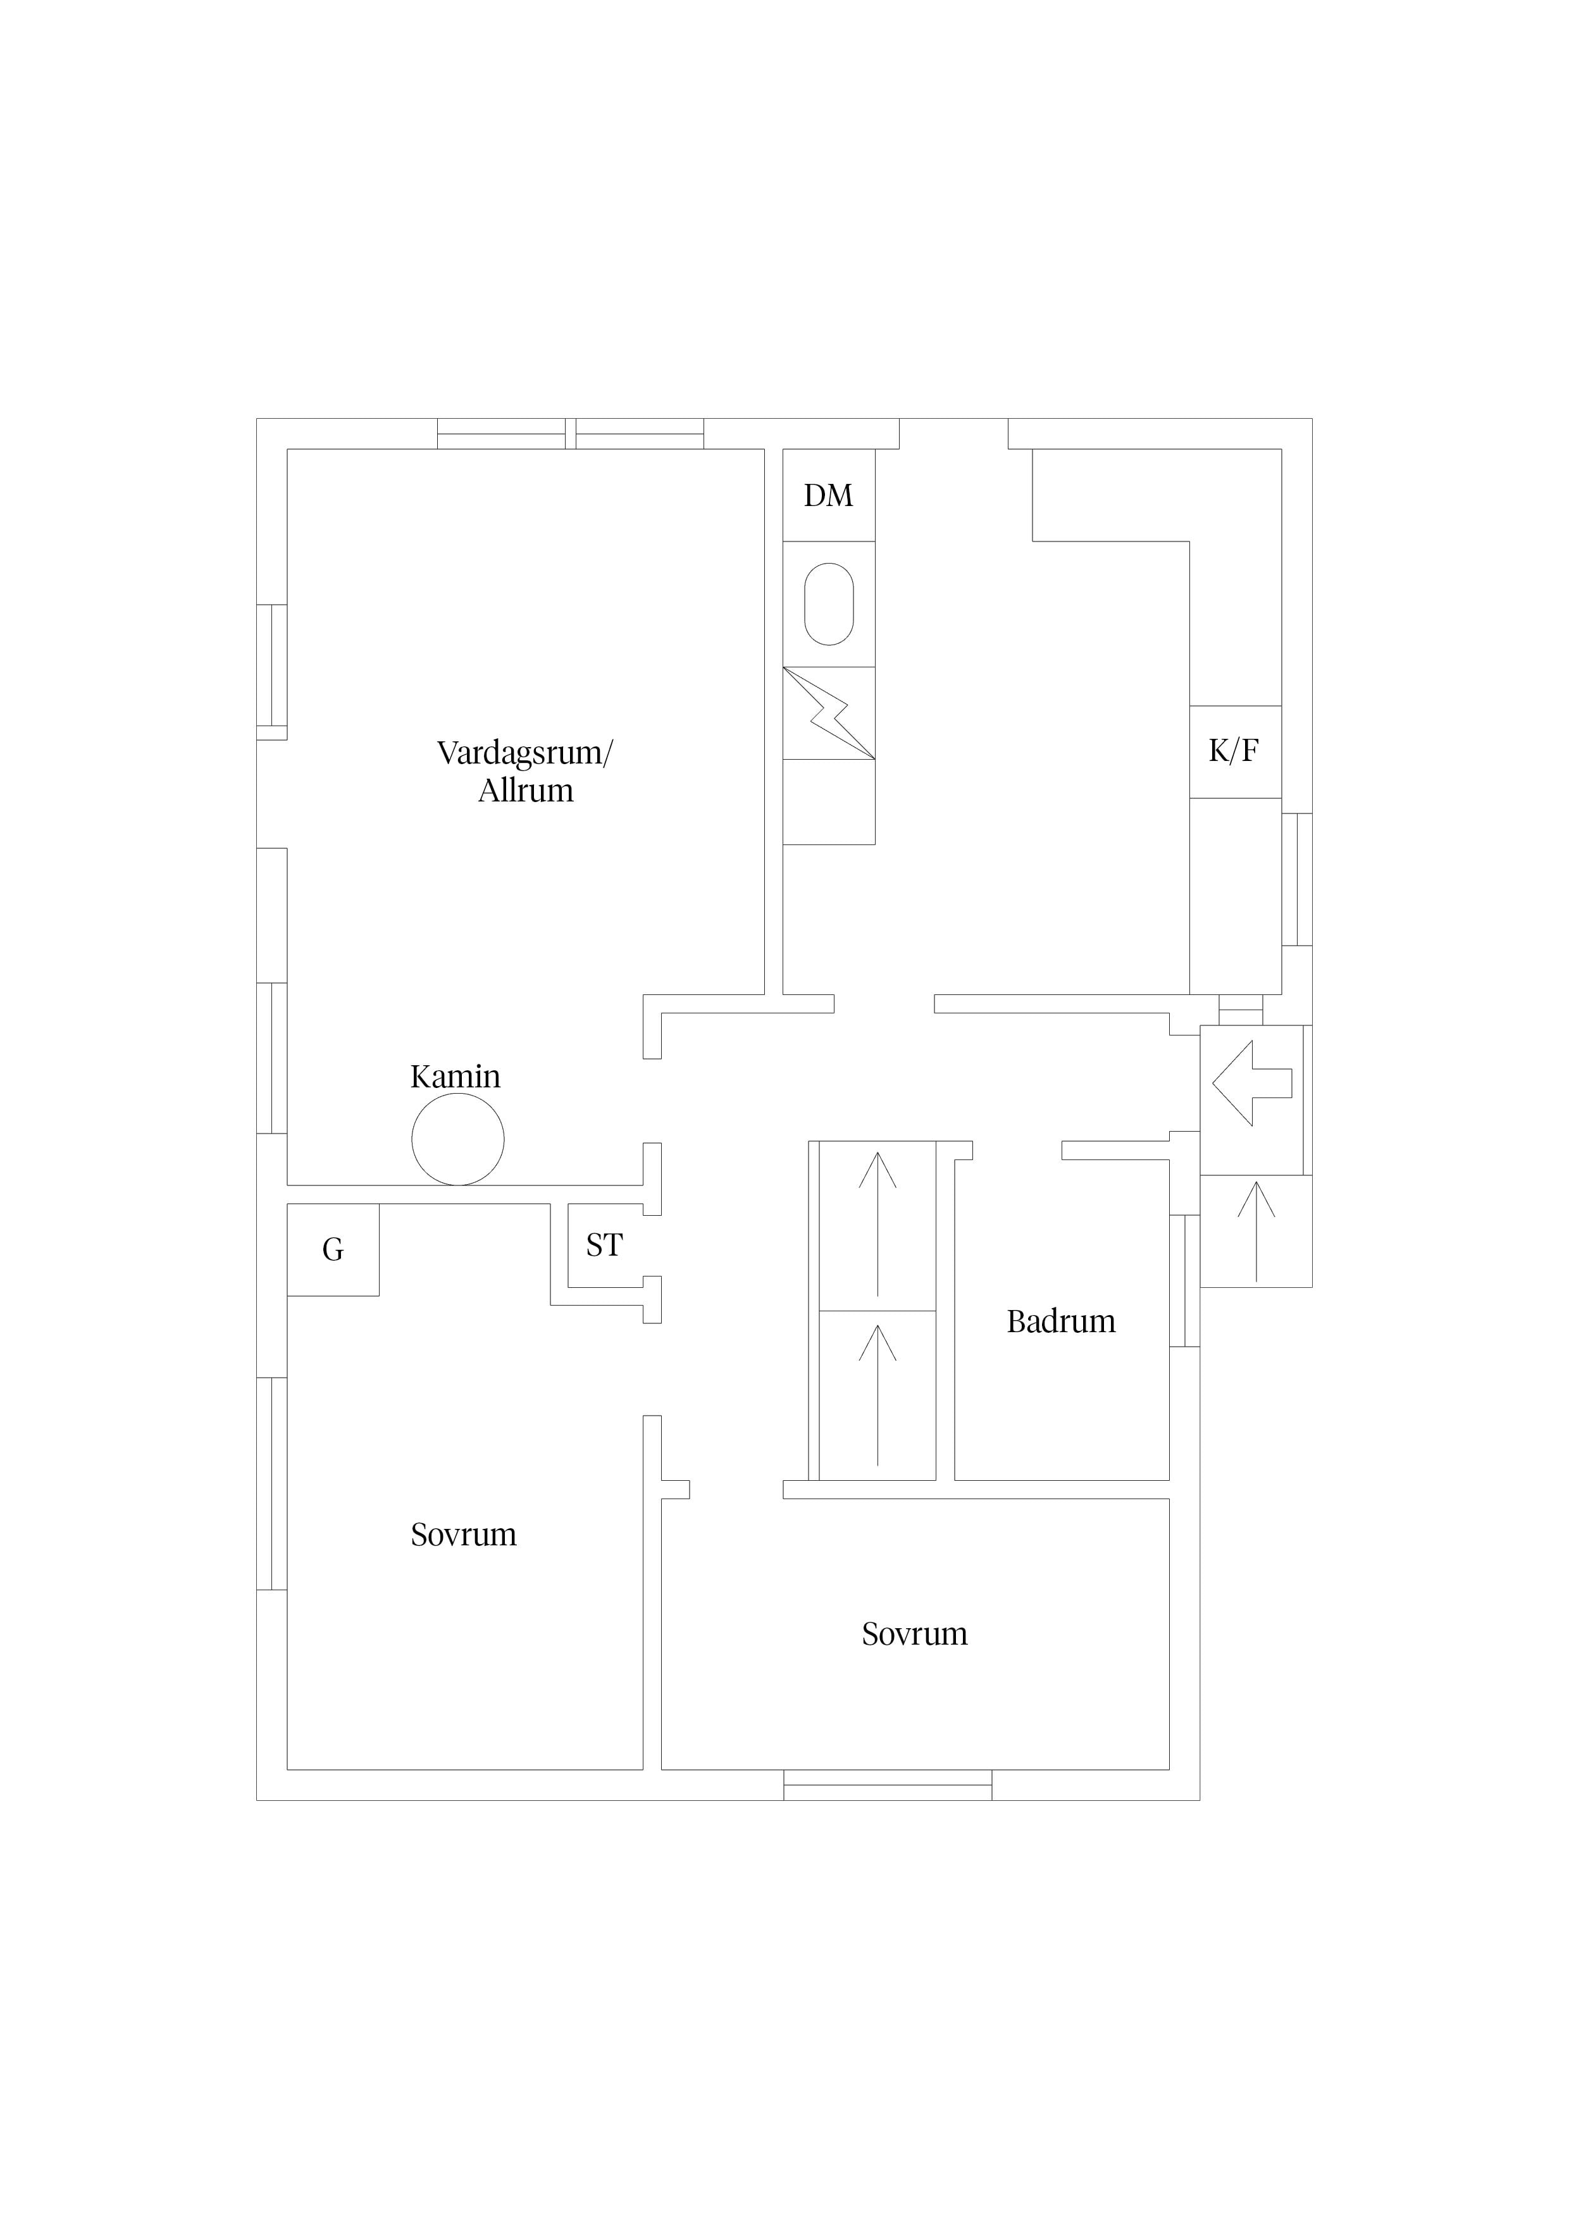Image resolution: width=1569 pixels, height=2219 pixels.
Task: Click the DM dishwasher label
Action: pyautogui.click(x=829, y=496)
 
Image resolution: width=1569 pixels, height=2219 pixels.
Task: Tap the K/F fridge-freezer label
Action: pyautogui.click(x=1234, y=751)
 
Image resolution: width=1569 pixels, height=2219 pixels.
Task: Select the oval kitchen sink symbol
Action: pyautogui.click(x=829, y=604)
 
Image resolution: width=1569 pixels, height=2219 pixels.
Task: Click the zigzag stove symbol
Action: pyautogui.click(x=829, y=714)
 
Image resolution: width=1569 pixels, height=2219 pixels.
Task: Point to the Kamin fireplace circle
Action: pyautogui.click(x=458, y=1139)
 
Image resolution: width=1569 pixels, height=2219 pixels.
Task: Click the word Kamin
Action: pyautogui.click(x=456, y=1077)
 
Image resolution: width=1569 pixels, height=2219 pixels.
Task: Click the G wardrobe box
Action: pyautogui.click(x=333, y=1250)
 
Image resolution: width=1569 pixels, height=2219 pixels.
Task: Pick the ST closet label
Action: pyautogui.click(x=604, y=1245)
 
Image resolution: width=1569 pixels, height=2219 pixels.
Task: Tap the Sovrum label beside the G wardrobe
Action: pyautogui.click(x=464, y=1535)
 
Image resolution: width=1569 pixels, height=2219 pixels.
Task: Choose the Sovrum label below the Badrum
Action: pyautogui.click(x=915, y=1633)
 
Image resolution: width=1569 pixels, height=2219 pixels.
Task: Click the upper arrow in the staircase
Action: pyautogui.click(x=878, y=1223)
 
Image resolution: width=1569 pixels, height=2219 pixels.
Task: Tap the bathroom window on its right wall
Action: pyautogui.click(x=1185, y=1280)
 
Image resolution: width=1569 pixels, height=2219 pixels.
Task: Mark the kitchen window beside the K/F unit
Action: pyautogui.click(x=1298, y=879)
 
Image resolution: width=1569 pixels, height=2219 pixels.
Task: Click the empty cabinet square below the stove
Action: pyautogui.click(x=829, y=802)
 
